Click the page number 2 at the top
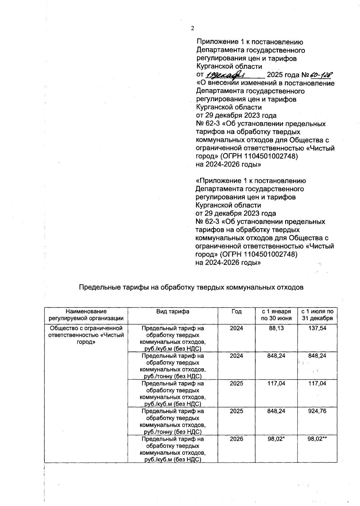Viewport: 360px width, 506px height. pyautogui.click(x=192, y=28)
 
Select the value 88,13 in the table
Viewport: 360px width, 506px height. pyautogui.click(x=276, y=328)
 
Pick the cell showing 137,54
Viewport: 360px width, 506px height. pyautogui.click(x=317, y=328)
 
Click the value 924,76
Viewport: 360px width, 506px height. pyautogui.click(x=317, y=411)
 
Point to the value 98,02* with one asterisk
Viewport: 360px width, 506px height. pyautogui.click(x=276, y=439)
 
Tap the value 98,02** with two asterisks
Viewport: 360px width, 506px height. pyautogui.click(x=317, y=439)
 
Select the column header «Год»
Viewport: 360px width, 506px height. pyautogui.click(x=236, y=311)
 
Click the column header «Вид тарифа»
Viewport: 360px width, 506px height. pyautogui.click(x=172, y=311)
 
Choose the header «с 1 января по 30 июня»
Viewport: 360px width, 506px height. pyautogui.click(x=276, y=315)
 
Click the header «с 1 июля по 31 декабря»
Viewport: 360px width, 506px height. pyautogui.click(x=317, y=315)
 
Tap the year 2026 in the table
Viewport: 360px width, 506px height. pyautogui.click(x=236, y=439)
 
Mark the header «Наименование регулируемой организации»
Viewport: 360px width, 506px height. pyautogui.click(x=86, y=315)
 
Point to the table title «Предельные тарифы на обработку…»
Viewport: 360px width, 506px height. pyautogui.click(x=191, y=287)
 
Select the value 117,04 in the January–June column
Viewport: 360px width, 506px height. pyautogui.click(x=276, y=383)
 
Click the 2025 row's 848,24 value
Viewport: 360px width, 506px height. pyautogui.click(x=276, y=411)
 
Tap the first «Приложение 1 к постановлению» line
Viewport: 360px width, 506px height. pyautogui.click(x=250, y=42)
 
